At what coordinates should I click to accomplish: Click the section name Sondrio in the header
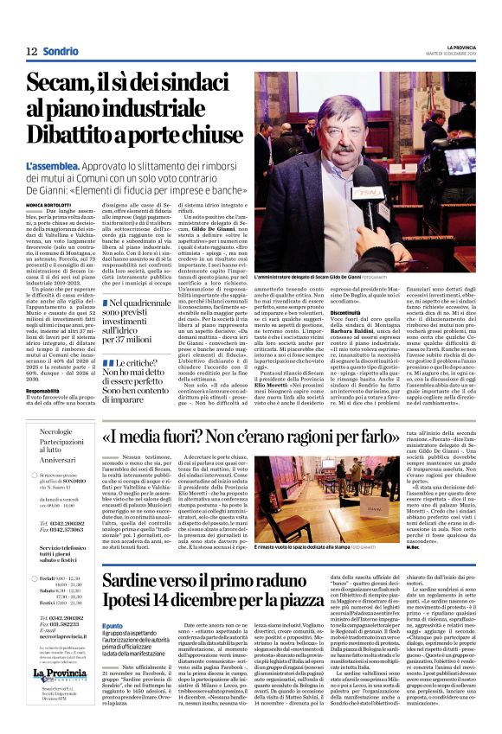(x=61, y=51)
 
